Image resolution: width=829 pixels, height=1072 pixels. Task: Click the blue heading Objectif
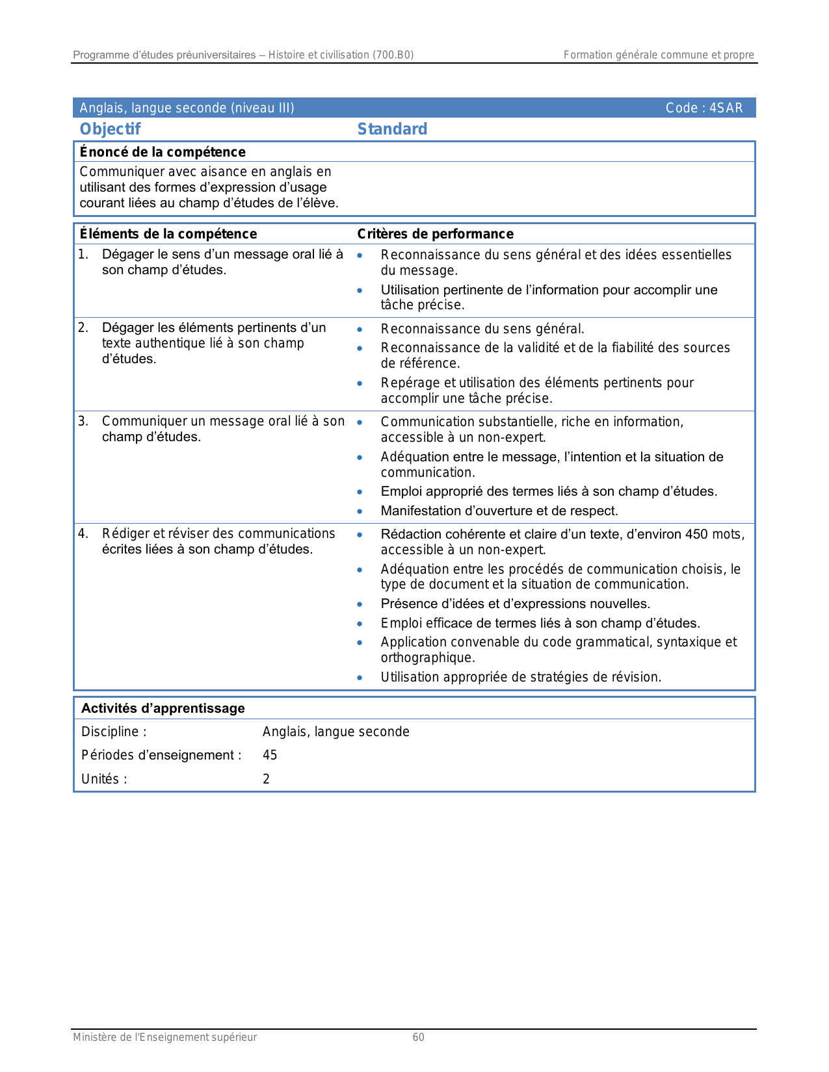pyautogui.click(x=110, y=129)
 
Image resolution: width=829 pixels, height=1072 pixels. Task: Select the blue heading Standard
pyautogui.click(x=392, y=129)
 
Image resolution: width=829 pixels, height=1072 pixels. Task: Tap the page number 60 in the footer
pyautogui.click(x=418, y=1037)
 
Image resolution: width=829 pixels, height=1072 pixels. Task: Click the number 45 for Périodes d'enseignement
pyautogui.click(x=270, y=755)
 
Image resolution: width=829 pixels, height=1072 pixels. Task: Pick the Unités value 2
pyautogui.click(x=266, y=779)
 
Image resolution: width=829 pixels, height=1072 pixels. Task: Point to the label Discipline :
pyautogui.click(x=114, y=732)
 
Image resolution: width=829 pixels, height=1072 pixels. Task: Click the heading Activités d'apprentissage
pyautogui.click(x=163, y=708)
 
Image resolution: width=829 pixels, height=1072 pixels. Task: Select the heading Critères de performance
pyautogui.click(x=435, y=234)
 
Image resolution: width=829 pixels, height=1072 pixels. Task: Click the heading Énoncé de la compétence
pyautogui.click(x=163, y=152)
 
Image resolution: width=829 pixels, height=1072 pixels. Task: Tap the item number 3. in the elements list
pyautogui.click(x=83, y=421)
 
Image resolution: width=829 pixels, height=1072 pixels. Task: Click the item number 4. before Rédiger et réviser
pyautogui.click(x=83, y=533)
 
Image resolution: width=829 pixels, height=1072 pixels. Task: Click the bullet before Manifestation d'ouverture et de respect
pyautogui.click(x=360, y=511)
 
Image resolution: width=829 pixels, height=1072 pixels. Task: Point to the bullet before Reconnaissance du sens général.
pyautogui.click(x=360, y=329)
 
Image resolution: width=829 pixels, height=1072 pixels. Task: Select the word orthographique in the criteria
pyautogui.click(x=427, y=657)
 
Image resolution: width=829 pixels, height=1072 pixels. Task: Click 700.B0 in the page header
pyautogui.click(x=392, y=55)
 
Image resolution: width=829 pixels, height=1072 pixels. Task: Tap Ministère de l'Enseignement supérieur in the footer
pyautogui.click(x=164, y=1037)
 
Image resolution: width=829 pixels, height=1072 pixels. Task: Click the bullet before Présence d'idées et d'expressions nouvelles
pyautogui.click(x=360, y=604)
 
